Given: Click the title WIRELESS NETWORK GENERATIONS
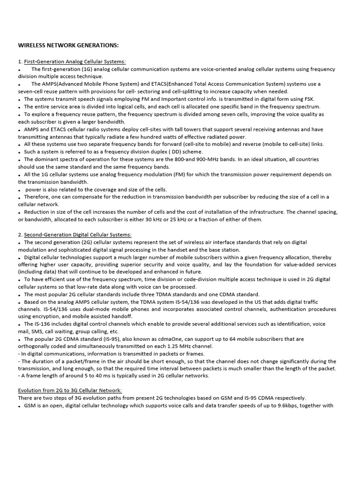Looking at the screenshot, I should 68,45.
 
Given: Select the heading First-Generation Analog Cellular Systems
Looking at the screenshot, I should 75,61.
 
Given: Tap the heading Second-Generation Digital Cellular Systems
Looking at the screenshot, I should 78,234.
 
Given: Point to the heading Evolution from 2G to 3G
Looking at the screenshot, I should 70,390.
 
